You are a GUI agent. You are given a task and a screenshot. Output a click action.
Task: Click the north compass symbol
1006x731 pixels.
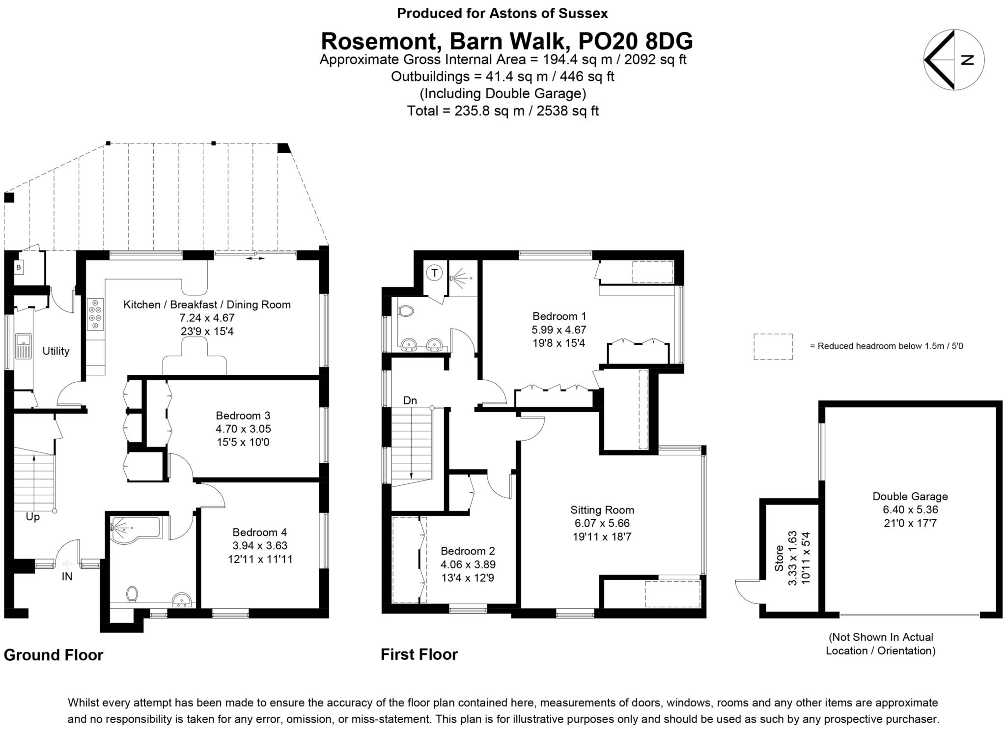click(x=953, y=60)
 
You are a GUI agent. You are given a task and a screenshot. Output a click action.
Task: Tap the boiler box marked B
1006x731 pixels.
click(x=19, y=268)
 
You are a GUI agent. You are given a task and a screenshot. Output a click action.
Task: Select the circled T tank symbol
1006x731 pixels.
click(x=434, y=272)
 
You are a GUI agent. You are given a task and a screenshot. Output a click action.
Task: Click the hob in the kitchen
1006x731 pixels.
click(x=96, y=314)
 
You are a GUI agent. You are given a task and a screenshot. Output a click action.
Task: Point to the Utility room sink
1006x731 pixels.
click(x=22, y=340)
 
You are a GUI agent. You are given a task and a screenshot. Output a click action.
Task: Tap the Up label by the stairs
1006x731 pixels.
click(x=33, y=517)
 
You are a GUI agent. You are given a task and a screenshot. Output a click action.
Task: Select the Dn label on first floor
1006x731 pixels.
click(x=410, y=400)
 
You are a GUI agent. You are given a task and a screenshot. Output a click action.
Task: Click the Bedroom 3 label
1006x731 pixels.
click(x=243, y=416)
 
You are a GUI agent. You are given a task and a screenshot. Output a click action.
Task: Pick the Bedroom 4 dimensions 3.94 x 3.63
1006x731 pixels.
click(x=260, y=545)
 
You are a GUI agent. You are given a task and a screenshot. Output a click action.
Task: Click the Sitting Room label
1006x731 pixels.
click(x=602, y=510)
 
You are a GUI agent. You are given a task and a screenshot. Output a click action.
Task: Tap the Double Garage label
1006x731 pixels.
click(x=910, y=496)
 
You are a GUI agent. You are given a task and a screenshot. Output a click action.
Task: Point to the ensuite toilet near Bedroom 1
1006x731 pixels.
click(x=406, y=311)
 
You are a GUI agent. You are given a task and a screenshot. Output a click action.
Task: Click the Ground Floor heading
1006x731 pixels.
click(x=54, y=655)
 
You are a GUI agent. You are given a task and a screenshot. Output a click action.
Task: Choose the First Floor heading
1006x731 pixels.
click(x=419, y=654)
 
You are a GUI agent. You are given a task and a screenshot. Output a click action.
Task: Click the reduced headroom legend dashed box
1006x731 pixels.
click(x=773, y=346)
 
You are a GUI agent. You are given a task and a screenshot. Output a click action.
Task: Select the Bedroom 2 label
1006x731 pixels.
click(x=468, y=551)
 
